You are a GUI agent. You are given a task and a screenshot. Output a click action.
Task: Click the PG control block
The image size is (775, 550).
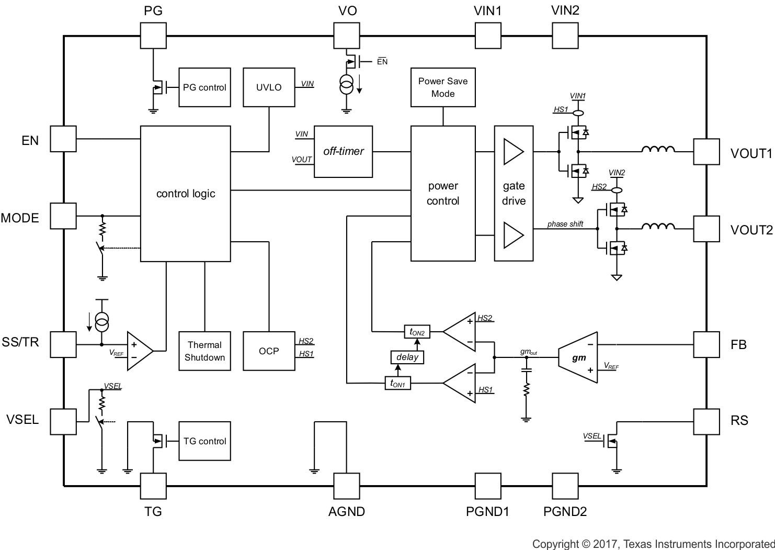[204, 87]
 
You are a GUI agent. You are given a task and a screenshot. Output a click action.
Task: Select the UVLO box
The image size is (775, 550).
[269, 87]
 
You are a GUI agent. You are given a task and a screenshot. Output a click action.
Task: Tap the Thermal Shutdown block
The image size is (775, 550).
[204, 351]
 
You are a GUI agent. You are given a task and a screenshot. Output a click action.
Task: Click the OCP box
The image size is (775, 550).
[269, 351]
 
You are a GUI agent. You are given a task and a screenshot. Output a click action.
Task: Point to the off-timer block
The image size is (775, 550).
[343, 151]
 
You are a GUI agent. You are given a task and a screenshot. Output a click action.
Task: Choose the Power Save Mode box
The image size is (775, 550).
[443, 87]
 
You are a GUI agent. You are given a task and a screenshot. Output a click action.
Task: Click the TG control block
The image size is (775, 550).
[204, 441]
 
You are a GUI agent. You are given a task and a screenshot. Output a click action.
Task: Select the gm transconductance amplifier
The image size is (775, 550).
[578, 357]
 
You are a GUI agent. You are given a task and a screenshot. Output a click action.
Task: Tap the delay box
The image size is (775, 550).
[407, 357]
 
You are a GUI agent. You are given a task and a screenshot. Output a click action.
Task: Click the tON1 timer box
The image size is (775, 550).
[397, 384]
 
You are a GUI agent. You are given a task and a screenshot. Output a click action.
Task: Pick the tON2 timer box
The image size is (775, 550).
[417, 332]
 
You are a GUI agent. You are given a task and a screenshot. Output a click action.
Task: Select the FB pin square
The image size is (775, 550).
[706, 344]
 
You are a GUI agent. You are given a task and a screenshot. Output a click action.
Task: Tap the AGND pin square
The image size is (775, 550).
[347, 486]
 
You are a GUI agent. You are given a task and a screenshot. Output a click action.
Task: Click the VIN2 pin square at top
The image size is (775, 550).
[565, 36]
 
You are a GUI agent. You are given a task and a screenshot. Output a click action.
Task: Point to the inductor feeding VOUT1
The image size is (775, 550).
[658, 150]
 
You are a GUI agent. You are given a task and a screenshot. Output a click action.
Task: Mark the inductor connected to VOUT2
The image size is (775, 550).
[658, 227]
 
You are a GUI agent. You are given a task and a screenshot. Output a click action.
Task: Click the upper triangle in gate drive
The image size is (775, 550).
[512, 151]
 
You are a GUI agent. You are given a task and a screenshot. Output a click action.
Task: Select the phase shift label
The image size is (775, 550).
[565, 224]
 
